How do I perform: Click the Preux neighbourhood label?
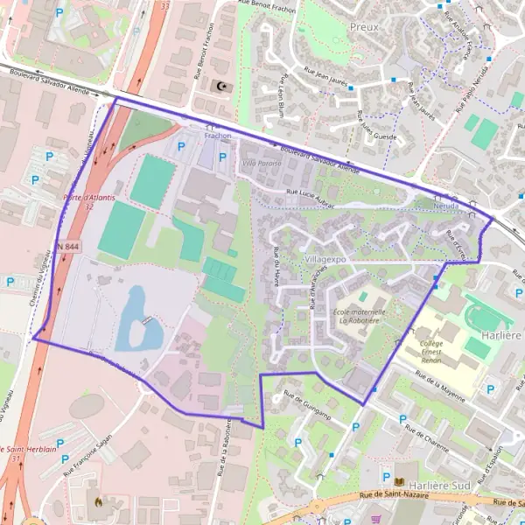point(364,27)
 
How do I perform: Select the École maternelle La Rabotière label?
point(359,317)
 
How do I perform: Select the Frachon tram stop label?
point(218,136)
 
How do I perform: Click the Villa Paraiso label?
point(262,163)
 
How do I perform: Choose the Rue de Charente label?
point(430,433)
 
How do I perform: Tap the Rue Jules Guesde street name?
point(377,124)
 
